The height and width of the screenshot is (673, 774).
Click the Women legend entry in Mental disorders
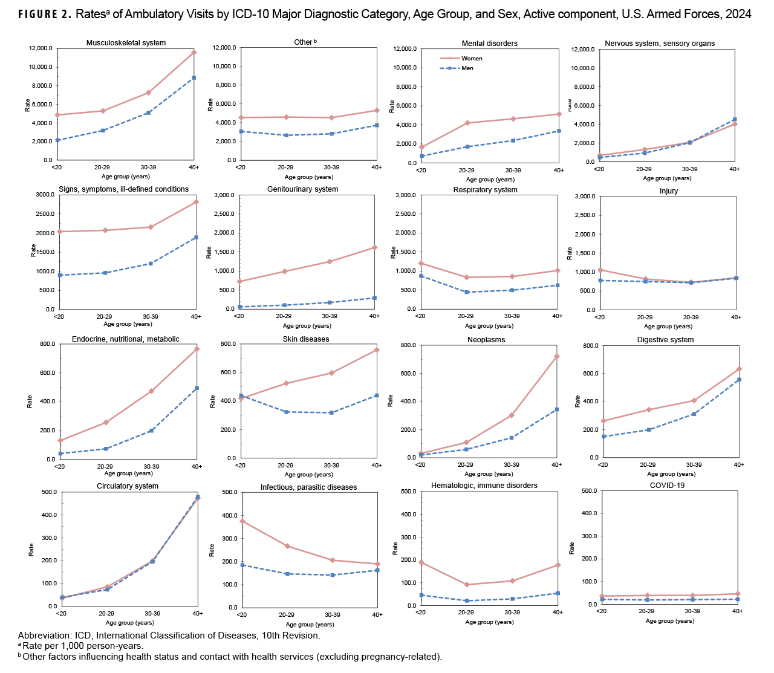472,59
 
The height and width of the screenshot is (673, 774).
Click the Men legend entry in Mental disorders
467,68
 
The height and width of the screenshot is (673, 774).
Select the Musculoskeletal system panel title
126,43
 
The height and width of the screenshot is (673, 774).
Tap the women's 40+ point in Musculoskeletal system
194,53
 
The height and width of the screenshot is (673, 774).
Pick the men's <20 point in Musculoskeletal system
57,140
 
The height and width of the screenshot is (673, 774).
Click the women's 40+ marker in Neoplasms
557,356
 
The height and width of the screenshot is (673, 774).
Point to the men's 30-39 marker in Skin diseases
331,413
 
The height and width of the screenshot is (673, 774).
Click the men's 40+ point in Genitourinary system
375,297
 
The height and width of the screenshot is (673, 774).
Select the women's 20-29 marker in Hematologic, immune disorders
466,585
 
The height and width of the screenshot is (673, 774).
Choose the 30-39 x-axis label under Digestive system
692,464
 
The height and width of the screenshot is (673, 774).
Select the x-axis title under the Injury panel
667,327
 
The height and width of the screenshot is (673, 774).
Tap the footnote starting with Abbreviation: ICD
169,636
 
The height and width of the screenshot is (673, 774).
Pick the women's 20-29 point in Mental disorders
466,123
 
